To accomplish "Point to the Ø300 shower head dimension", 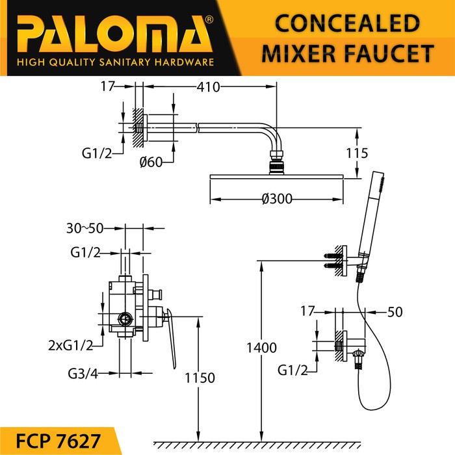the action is coord(276,200).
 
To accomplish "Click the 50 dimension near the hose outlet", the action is coord(395,311).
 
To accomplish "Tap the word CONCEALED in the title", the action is coord(346,23).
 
